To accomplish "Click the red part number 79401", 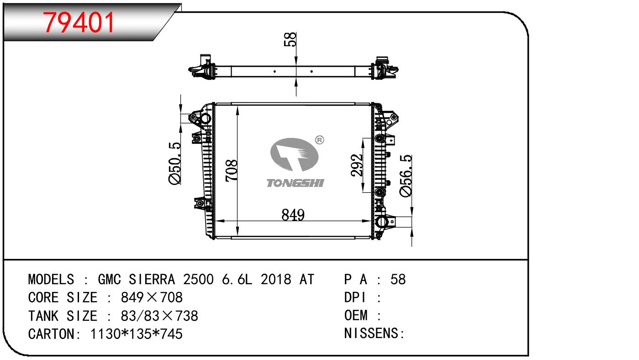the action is [x=79, y=22].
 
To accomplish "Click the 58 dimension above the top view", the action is [x=290, y=39].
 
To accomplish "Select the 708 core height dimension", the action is [x=232, y=170].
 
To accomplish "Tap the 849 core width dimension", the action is [x=293, y=215].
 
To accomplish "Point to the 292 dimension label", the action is [x=357, y=165].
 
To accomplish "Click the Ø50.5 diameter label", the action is [x=175, y=164].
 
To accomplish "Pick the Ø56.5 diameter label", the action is [x=406, y=176].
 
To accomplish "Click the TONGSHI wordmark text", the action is [x=295, y=183].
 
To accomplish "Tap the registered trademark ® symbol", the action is [x=320, y=140].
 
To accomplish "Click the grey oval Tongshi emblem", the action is [x=294, y=154].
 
